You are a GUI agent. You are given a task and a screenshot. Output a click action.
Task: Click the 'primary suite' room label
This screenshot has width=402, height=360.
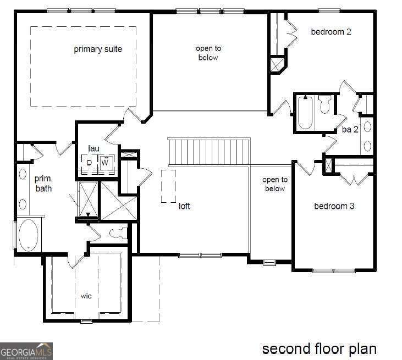98,49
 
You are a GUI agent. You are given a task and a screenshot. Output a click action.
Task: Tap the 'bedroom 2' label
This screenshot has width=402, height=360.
331,31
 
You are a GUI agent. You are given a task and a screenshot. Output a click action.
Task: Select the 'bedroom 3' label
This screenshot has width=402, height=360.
334,206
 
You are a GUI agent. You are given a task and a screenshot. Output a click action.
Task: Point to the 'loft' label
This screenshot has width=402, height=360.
184,207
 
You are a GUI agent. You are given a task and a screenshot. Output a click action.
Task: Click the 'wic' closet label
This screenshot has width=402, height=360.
86,296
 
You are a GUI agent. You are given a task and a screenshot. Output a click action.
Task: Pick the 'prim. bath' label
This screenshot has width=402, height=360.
43,184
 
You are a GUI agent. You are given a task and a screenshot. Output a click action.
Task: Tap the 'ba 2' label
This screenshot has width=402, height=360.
350,130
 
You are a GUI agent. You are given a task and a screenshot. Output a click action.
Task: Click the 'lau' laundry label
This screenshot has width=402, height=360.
93,148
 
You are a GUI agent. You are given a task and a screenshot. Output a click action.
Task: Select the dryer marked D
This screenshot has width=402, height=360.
89,163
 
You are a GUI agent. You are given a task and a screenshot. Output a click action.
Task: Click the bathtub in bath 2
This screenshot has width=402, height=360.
305,113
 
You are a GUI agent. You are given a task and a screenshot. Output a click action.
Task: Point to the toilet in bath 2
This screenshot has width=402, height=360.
325,105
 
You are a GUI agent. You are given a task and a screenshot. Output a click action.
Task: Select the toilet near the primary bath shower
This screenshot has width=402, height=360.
118,233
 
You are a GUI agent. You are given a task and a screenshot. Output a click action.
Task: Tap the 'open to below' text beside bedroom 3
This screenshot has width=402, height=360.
274,184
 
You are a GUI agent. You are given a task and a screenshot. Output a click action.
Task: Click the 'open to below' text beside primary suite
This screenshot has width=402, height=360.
208,53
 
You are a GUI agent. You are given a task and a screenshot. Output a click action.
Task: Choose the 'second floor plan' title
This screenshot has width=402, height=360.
319,348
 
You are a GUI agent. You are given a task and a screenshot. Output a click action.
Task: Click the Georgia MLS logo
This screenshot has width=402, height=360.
26,350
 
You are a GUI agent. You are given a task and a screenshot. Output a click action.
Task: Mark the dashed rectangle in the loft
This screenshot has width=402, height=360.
169,186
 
